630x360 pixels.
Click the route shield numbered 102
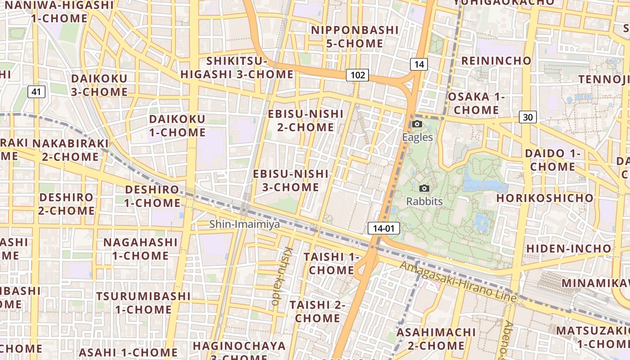[357, 75]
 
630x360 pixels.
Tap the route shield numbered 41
[36, 92]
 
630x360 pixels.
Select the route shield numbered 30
[528, 117]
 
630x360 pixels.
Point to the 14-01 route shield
[383, 228]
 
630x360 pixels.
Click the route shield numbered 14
[418, 64]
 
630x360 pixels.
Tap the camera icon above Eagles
[417, 124]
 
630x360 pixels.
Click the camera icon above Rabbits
[424, 189]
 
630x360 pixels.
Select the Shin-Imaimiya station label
[244, 224]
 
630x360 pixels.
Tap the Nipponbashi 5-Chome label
[355, 37]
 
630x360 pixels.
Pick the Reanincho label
[496, 61]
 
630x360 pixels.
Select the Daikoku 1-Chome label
[177, 126]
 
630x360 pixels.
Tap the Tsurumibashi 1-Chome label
[143, 303]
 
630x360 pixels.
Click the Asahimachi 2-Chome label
[436, 339]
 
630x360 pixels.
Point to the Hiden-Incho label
[569, 248]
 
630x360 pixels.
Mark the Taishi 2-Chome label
[318, 311]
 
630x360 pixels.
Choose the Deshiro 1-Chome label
[153, 196]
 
